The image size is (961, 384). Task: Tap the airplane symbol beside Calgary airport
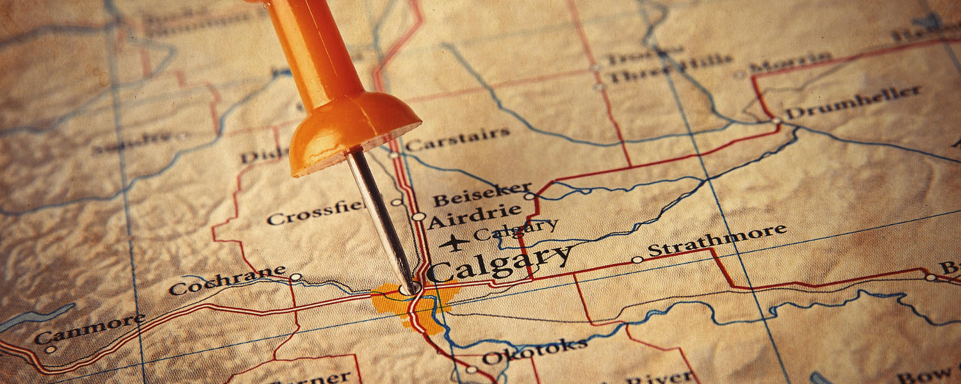tap(454, 243)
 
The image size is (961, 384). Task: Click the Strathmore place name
tap(717, 239)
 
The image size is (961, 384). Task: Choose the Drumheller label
tap(853, 102)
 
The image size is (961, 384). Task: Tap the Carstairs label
tap(457, 139)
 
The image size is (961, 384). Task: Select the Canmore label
tap(90, 328)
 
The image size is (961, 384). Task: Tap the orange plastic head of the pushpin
tap(333, 90)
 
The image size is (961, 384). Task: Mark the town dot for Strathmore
tap(637, 260)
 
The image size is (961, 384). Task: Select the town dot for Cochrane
tap(295, 277)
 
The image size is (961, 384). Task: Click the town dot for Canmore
tap(50, 349)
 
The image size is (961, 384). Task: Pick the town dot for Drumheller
tap(776, 120)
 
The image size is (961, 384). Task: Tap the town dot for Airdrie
tap(418, 216)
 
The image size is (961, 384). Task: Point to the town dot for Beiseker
tap(529, 196)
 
